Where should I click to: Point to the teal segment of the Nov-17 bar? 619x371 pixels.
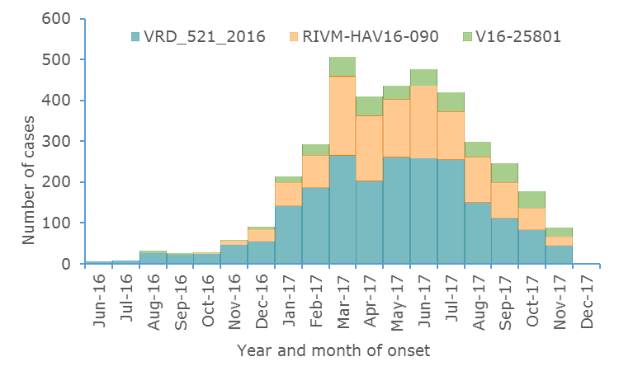click(559, 254)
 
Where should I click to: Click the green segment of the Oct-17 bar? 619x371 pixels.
click(532, 200)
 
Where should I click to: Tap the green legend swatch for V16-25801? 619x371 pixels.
click(467, 36)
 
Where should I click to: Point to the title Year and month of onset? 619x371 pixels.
click(333, 350)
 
